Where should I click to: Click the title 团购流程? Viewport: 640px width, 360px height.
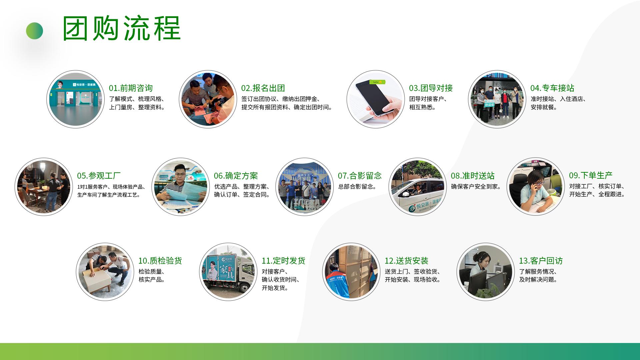point(122,29)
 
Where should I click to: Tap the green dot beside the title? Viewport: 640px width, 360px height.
point(35,31)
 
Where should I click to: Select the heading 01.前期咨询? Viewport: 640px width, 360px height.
point(131,88)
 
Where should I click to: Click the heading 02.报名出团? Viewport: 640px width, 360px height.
point(263,88)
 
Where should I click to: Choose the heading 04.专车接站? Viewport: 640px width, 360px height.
point(552,88)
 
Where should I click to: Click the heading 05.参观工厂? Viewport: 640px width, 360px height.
point(99,176)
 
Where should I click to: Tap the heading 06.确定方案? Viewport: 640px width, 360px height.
point(236,176)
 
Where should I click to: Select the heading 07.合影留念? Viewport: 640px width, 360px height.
point(359,176)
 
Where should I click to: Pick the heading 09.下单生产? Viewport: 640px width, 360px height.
point(590,175)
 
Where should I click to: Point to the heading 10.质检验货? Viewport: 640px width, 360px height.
point(160,261)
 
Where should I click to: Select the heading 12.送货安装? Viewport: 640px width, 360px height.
point(406,261)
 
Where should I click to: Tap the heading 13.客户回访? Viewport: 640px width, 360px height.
point(541,261)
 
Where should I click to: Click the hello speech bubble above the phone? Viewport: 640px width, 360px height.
point(377,82)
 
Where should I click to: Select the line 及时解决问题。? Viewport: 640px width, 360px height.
point(538,280)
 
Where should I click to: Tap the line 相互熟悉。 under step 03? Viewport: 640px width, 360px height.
point(423,107)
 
